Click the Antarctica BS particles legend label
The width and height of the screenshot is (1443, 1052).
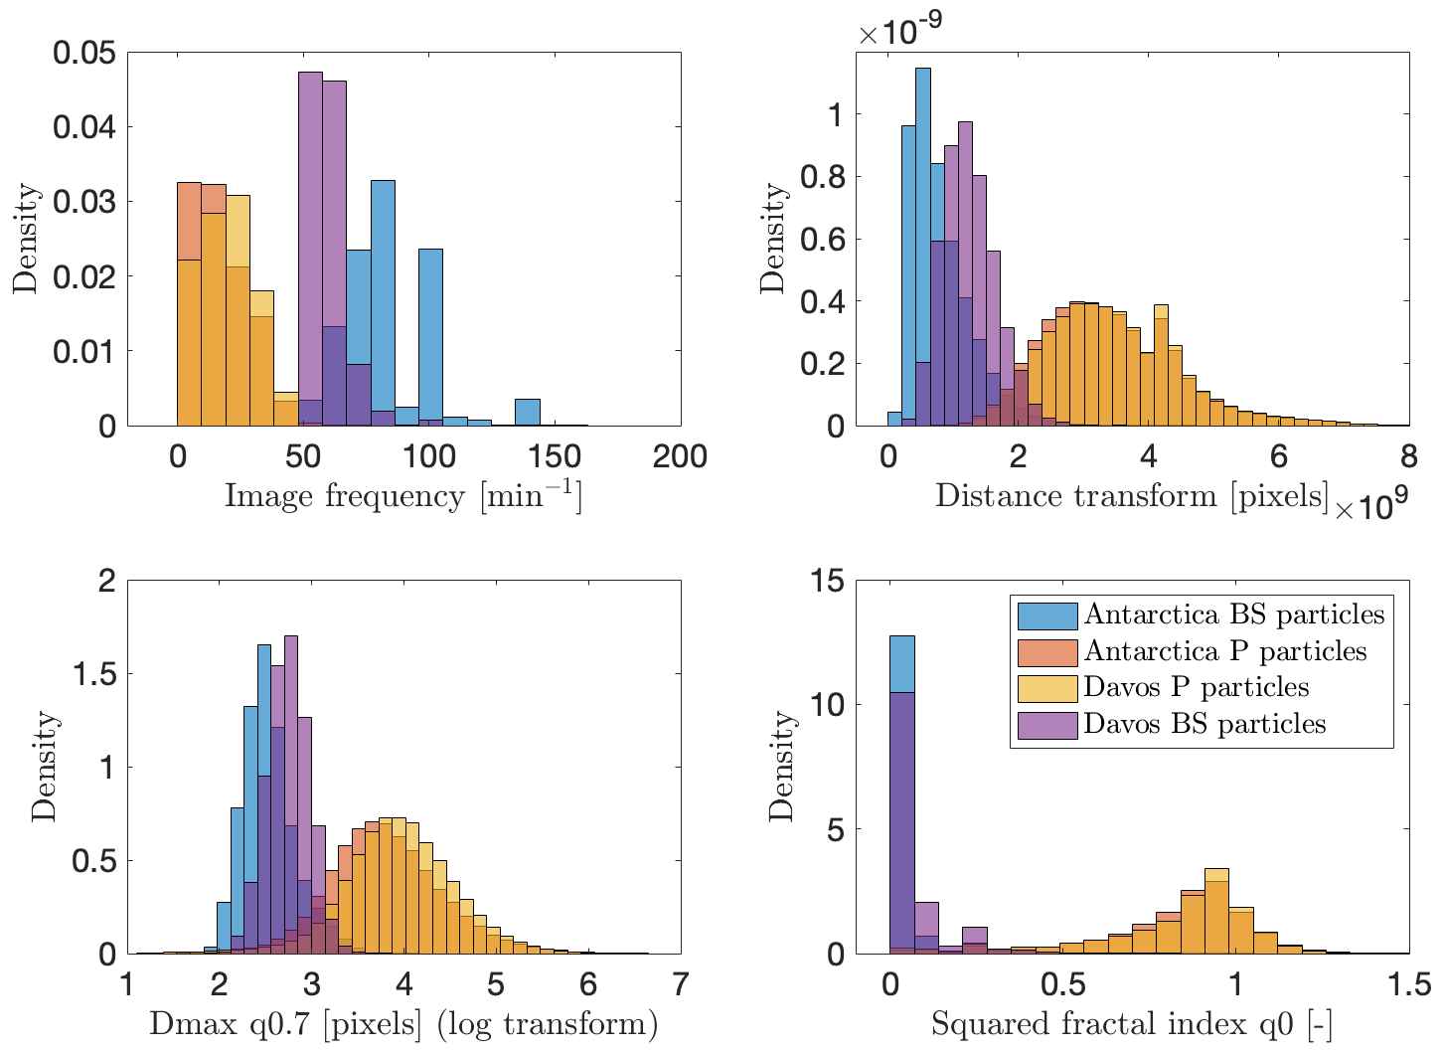[1233, 614]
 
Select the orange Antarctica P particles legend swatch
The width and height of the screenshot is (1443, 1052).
[1046, 652]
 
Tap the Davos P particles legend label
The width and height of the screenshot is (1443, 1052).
[1196, 687]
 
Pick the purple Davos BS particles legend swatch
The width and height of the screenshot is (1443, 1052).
[1046, 724]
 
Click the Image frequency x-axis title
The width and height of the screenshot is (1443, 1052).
[402, 496]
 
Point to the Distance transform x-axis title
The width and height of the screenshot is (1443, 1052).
[1132, 496]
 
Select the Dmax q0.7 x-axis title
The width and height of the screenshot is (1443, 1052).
[403, 1023]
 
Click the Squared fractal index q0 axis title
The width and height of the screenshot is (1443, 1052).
[1132, 1023]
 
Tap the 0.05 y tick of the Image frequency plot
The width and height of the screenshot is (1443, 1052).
[84, 53]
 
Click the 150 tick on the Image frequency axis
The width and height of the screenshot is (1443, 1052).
[555, 456]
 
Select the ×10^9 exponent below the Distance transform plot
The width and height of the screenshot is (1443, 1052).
[1371, 508]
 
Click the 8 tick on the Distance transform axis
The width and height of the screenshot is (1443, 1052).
[1408, 456]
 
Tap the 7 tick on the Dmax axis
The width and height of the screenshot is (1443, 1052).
[681, 984]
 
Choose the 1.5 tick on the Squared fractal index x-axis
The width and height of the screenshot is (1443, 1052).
[1408, 984]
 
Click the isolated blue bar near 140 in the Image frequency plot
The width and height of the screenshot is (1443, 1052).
[528, 413]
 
